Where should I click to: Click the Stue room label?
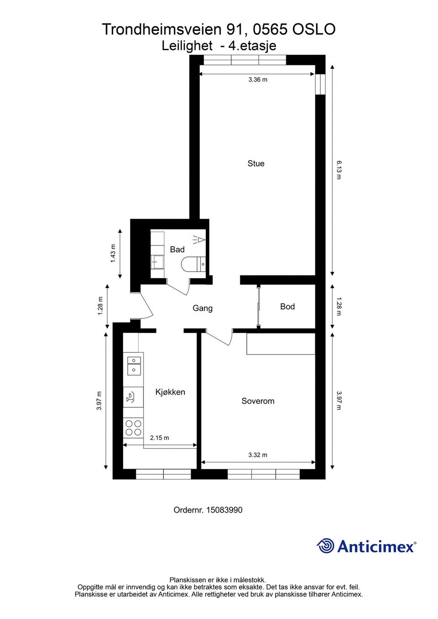(256, 163)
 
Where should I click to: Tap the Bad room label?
(177, 250)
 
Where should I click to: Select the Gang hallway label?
(203, 308)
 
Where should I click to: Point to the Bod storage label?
(287, 307)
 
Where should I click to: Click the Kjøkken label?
(170, 392)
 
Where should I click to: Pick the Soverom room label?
(258, 401)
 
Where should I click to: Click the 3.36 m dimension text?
(258, 80)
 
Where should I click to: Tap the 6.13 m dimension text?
(339, 170)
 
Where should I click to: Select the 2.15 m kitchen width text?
(159, 438)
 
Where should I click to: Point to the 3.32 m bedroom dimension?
(258, 455)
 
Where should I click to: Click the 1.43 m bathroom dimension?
(113, 254)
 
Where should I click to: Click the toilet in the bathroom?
(193, 265)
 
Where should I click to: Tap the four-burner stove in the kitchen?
(134, 427)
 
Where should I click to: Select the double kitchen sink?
(134, 365)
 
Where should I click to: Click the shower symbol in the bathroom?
(199, 239)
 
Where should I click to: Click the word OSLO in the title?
(314, 29)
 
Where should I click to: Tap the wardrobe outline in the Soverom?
(281, 343)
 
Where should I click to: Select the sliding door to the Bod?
(258, 307)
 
